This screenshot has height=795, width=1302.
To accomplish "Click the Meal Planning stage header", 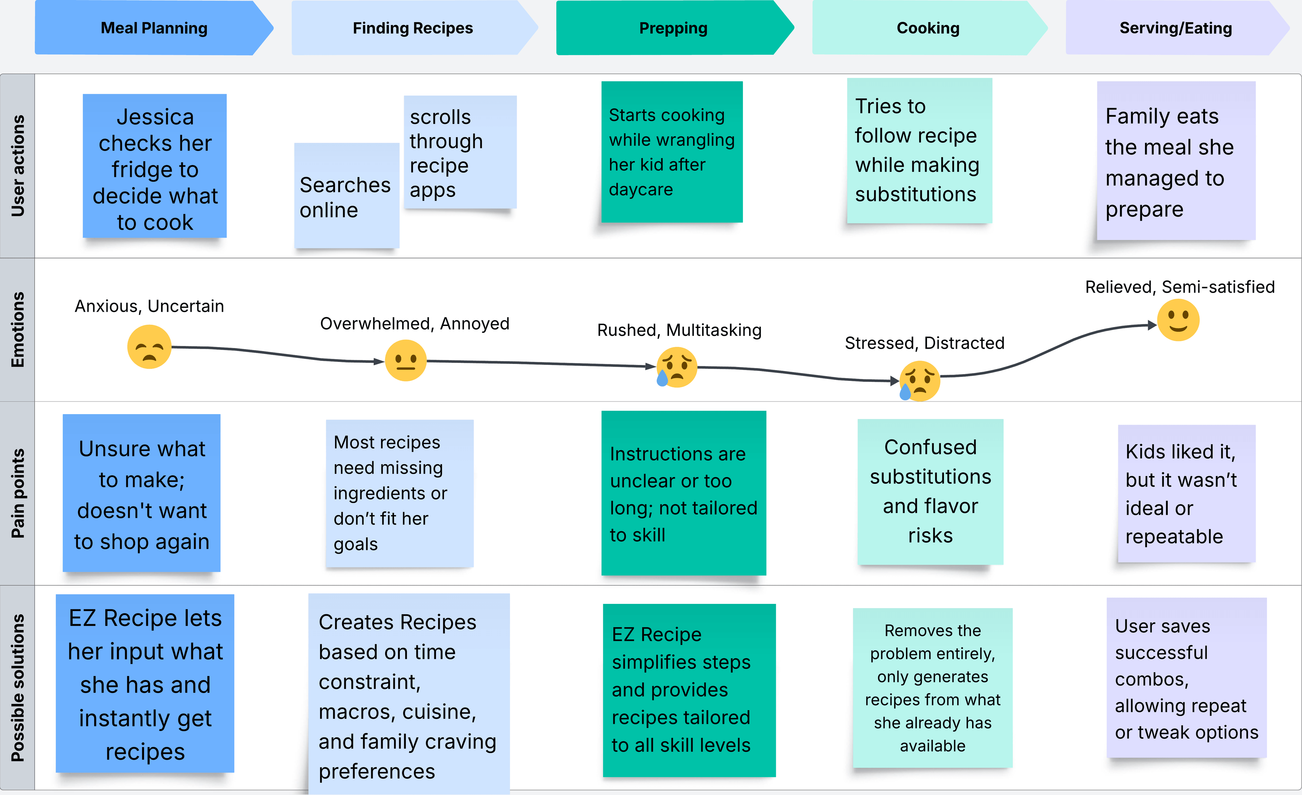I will coord(154,28).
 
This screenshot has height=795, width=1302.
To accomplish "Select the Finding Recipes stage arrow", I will coord(413,28).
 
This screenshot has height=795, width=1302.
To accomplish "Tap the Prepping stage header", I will coord(673,28).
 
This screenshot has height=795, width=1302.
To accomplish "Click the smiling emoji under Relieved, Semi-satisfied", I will coord(1178,320).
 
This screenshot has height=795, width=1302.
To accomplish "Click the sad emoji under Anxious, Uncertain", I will coord(150,347).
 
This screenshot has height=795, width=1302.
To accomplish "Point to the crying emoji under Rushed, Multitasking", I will coord(676,367).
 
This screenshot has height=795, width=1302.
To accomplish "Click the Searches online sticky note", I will coord(346,197).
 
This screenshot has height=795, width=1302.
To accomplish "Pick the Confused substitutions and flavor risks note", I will coord(930,491).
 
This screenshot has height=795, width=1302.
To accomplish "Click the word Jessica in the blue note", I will coord(155,117).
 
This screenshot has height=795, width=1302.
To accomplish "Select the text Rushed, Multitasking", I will coord(679,330).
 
